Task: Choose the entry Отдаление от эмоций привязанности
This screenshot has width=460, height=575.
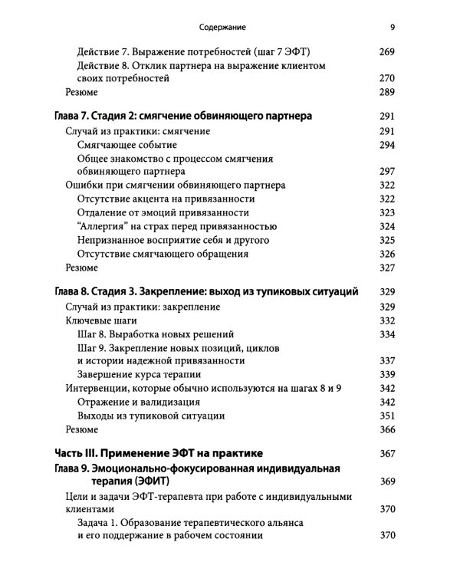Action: [x=163, y=212]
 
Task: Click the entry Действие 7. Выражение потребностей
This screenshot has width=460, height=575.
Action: [x=198, y=51]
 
